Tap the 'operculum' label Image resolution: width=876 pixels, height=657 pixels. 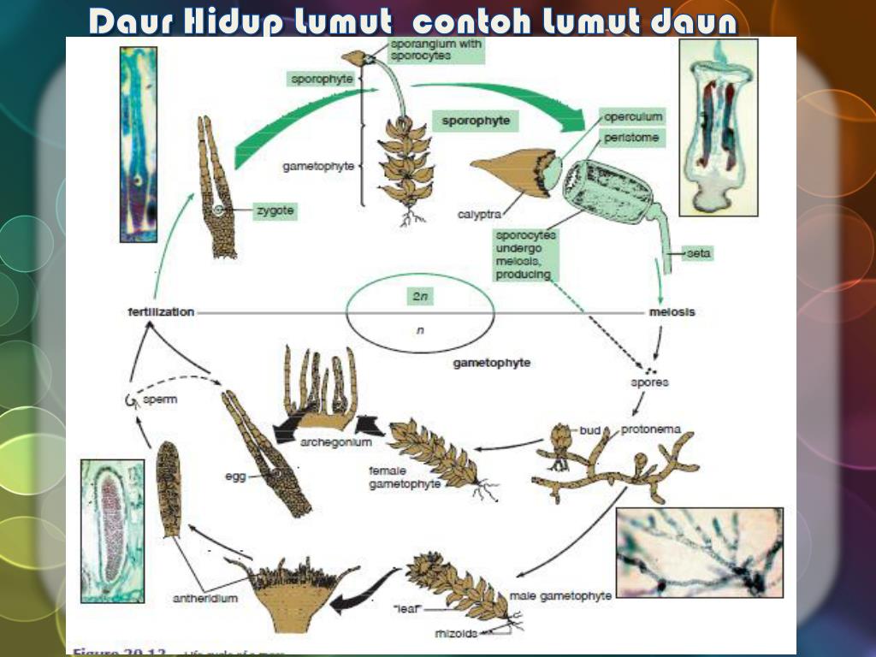633,116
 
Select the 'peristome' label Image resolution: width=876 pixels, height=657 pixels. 630,136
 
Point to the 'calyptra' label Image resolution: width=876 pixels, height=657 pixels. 479,214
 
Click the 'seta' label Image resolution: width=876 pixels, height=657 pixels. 699,253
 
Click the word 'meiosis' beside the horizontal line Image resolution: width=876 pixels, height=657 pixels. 672,312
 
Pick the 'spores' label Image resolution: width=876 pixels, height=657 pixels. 649,382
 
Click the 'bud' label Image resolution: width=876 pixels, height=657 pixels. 590,429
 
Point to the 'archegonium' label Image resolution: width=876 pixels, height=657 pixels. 335,442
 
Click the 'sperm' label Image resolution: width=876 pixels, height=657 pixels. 160,400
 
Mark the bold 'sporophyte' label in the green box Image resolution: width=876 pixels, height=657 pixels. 476,121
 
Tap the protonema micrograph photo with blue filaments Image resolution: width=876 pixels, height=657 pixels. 699,552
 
